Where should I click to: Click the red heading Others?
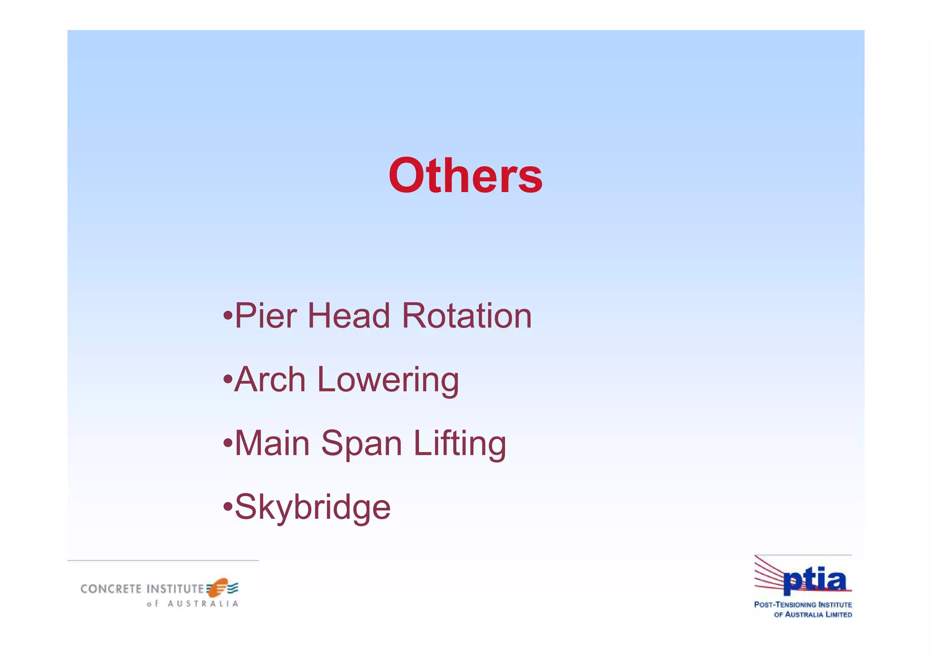click(x=465, y=176)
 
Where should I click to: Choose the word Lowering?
click(x=388, y=380)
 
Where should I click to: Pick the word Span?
click(x=361, y=444)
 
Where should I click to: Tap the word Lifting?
click(x=459, y=444)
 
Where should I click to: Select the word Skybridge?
click(x=312, y=507)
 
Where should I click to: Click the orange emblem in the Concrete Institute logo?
click(x=218, y=588)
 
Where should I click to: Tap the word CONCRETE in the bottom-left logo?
click(x=111, y=589)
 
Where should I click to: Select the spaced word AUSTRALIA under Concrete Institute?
click(x=203, y=604)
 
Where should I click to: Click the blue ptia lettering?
click(x=815, y=582)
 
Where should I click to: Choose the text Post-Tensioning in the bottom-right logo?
click(x=785, y=605)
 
